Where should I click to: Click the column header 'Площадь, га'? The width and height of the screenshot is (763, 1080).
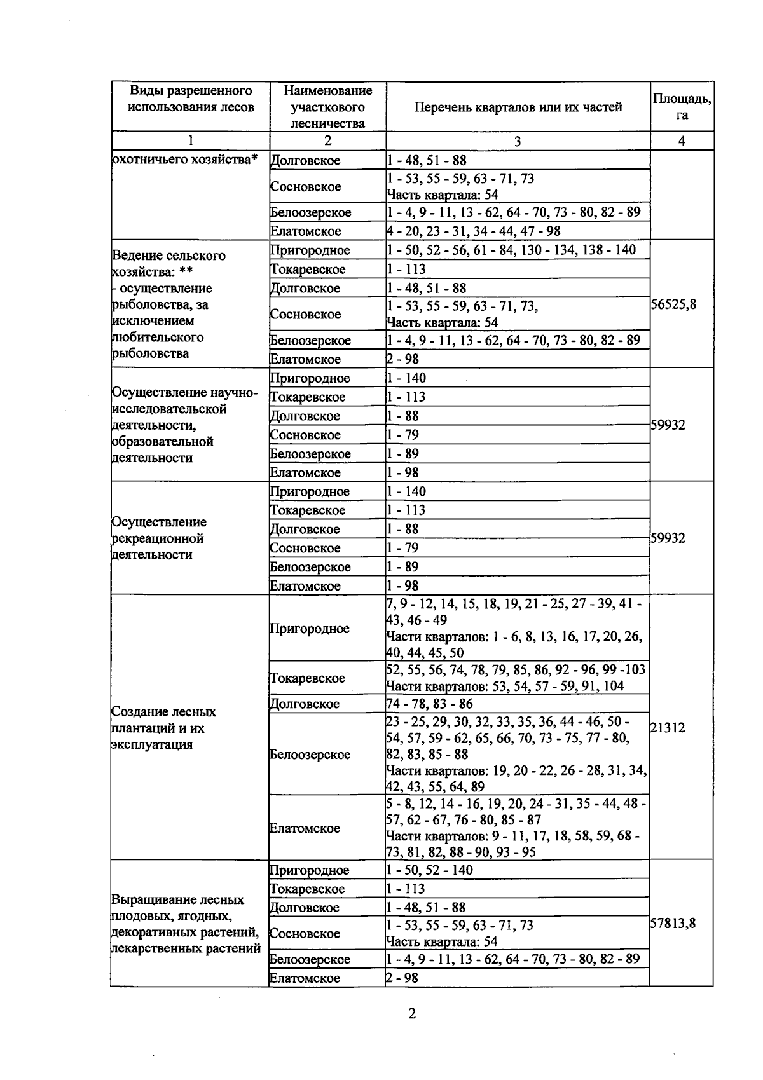pos(682,106)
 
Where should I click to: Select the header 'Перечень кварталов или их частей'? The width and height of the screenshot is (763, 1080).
pos(518,107)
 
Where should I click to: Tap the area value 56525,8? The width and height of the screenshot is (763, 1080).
pos(673,304)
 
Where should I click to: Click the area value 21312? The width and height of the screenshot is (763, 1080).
pos(668,727)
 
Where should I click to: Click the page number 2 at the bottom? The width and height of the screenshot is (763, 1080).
pos(411,1013)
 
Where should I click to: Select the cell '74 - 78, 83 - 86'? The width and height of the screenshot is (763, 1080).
pos(429,703)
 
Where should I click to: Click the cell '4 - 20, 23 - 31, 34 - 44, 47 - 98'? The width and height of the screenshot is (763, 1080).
pos(474,231)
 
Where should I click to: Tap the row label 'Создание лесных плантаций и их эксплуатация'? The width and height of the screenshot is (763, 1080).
pos(163,728)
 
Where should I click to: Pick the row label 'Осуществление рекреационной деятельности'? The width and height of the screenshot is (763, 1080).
pos(158,538)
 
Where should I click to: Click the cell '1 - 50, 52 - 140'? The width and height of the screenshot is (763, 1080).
pos(430,870)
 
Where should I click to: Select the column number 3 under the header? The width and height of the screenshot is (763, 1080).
pos(518,141)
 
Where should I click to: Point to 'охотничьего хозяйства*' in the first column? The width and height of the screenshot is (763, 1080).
pos(184,160)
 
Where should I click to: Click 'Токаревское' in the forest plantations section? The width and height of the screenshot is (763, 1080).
pos(307,678)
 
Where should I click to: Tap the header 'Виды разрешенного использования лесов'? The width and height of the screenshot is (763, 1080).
pos(191,99)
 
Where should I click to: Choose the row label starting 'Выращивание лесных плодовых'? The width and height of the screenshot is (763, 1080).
pos(186,924)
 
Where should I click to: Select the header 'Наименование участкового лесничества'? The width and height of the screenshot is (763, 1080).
pos(327,107)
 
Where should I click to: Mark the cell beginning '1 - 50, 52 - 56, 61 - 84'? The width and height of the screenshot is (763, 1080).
pos(511,250)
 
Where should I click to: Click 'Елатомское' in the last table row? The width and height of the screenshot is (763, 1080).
pos(305,978)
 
